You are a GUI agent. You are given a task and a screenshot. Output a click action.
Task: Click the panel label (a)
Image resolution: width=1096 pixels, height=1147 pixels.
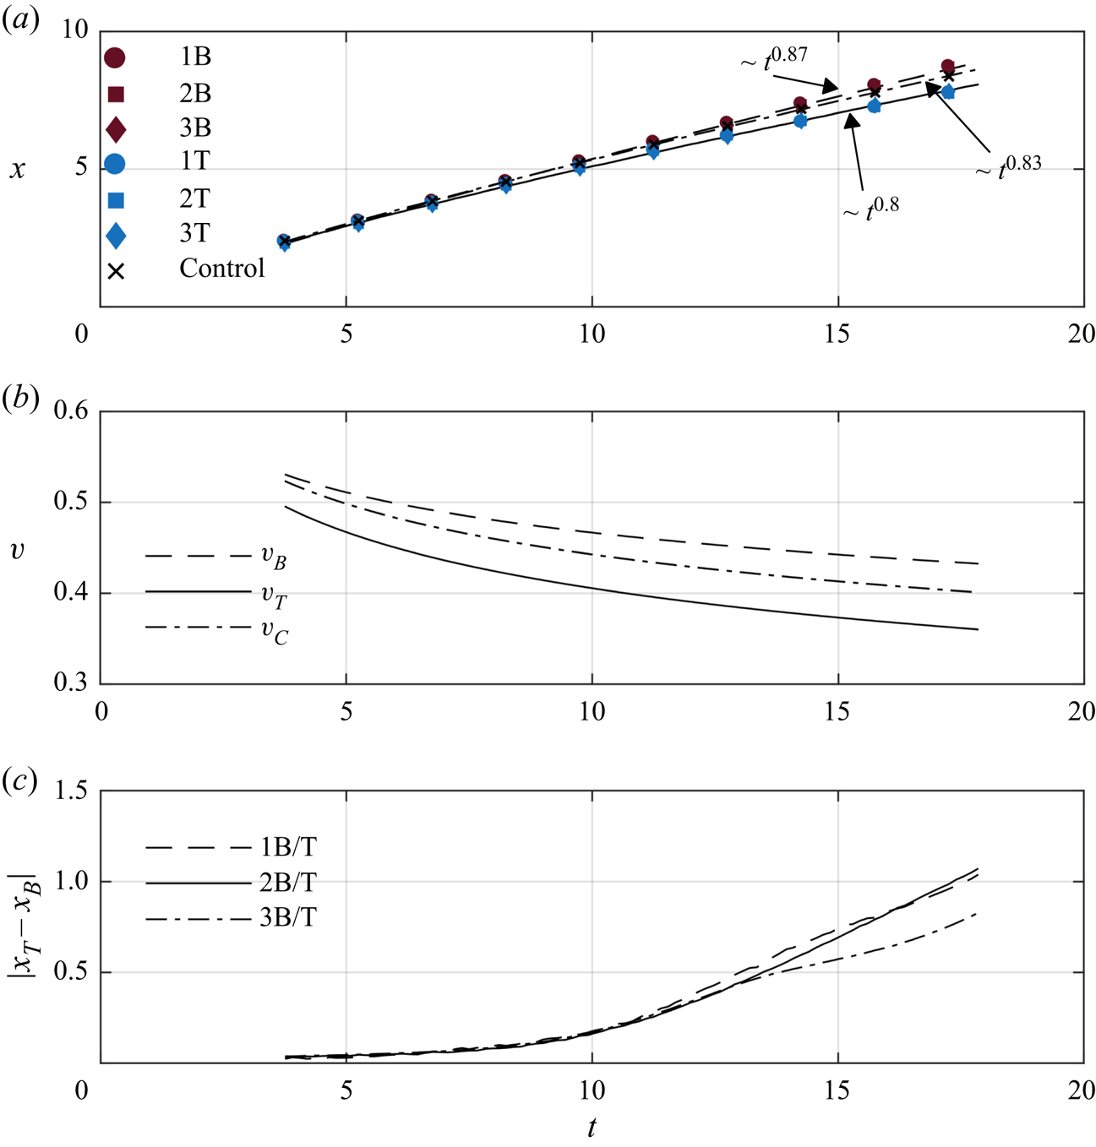coord(21,20)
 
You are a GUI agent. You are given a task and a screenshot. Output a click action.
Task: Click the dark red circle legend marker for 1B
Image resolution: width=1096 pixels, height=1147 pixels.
coord(115,57)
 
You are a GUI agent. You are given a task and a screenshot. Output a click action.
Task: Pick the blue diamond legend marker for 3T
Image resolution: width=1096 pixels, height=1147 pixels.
coord(116,235)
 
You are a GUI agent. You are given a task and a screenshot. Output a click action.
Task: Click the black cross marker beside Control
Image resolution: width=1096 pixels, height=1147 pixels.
coord(116,271)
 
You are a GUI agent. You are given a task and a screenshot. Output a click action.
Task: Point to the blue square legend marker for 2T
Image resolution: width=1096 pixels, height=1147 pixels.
coord(116,199)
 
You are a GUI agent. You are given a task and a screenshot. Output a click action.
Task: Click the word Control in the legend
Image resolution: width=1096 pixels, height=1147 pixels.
coord(221,269)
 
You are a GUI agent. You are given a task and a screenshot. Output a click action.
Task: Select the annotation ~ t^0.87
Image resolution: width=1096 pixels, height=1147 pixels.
coord(774,59)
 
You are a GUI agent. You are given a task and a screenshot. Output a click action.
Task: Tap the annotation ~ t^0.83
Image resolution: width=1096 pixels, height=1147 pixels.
coord(1008,166)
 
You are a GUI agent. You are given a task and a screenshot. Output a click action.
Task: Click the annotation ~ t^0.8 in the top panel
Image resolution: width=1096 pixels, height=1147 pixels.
coord(870,209)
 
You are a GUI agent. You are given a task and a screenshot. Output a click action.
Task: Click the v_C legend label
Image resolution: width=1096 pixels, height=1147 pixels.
coord(274,633)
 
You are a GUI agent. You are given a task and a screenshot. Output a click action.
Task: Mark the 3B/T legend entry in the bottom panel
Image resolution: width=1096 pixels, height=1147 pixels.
coord(287,917)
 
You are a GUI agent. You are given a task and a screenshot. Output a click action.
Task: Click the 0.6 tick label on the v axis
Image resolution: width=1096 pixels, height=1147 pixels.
coord(71,411)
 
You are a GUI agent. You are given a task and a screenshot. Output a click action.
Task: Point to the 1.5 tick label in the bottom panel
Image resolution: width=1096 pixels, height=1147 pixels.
coord(71,791)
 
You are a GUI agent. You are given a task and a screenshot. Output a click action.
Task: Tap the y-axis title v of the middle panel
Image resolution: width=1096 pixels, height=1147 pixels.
coord(17,551)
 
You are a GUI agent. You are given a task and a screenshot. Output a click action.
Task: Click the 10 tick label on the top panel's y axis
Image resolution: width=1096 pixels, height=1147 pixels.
coord(74,30)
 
